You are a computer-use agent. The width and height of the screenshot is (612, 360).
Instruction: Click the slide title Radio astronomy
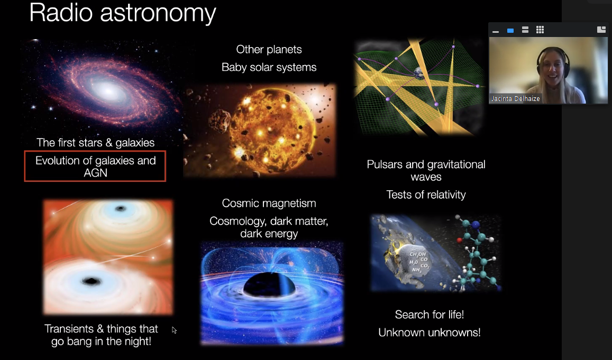click(x=123, y=13)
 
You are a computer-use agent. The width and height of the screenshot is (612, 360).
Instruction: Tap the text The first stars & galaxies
click(x=96, y=142)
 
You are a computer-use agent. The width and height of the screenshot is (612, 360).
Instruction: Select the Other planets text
click(x=269, y=50)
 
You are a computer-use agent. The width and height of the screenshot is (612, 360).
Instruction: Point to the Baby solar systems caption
click(x=269, y=67)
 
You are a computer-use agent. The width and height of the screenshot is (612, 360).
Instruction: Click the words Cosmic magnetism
click(x=269, y=203)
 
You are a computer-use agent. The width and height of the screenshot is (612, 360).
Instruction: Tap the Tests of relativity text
click(x=426, y=195)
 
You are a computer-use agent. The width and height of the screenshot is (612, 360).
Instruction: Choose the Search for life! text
click(x=430, y=315)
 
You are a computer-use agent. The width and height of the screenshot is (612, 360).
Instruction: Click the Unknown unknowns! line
click(x=430, y=333)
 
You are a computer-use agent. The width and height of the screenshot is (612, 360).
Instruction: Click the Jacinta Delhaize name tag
click(x=516, y=99)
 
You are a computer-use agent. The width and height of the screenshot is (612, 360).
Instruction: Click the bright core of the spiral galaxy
click(x=108, y=91)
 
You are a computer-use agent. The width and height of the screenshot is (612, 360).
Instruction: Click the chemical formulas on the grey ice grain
click(x=419, y=262)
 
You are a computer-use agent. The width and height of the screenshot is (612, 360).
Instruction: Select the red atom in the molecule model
click(x=459, y=240)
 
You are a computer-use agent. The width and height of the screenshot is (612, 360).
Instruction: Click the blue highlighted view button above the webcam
click(x=510, y=31)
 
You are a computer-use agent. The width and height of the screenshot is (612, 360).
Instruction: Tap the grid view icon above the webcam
click(x=540, y=30)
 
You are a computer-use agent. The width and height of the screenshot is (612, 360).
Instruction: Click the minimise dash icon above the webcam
click(x=496, y=32)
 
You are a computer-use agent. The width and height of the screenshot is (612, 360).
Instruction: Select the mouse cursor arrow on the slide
click(x=174, y=330)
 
